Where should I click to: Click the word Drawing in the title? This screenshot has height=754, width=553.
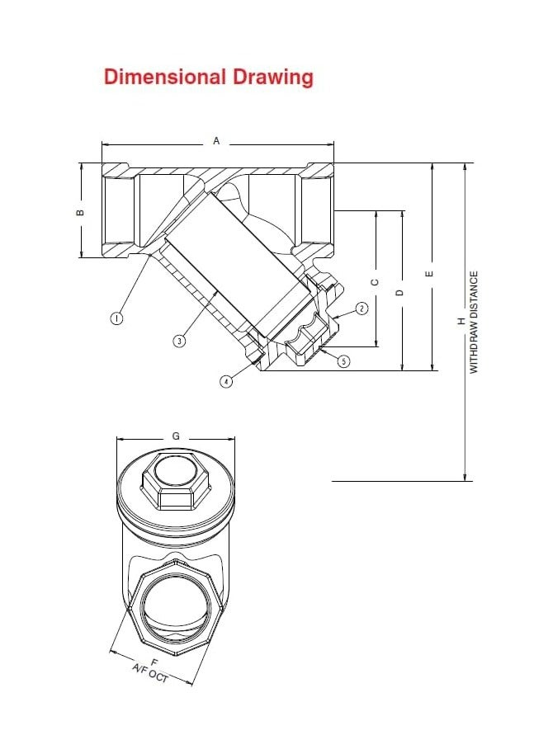coord(272,78)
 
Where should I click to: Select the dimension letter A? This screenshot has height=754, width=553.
coord(217,141)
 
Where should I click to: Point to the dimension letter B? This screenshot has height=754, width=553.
coord(80,211)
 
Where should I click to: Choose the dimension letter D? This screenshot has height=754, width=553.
coord(400,292)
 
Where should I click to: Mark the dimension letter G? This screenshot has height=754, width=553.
coord(176,435)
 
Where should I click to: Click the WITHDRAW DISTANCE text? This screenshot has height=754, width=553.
coord(475,322)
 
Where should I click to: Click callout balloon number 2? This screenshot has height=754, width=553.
coord(361,309)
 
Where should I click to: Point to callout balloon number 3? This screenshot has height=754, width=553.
coord(179,341)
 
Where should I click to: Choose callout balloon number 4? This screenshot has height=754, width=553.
coord(226,381)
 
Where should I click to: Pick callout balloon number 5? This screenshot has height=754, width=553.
coord(344,361)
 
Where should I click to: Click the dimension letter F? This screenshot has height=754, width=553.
coord(154,662)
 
